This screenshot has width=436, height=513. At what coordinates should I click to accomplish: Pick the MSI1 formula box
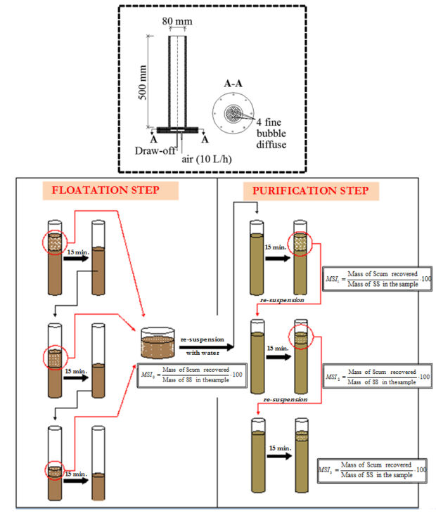[370, 278]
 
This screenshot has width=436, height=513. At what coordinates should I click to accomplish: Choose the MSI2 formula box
[372, 375]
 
